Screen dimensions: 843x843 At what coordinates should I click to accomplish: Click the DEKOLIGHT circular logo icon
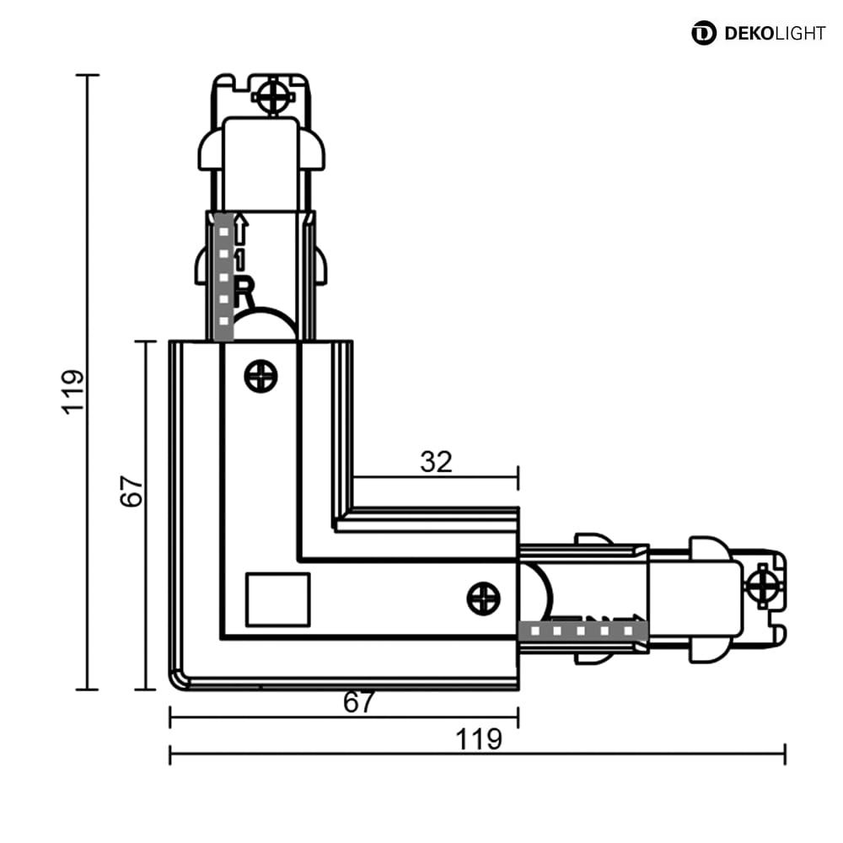click(x=703, y=33)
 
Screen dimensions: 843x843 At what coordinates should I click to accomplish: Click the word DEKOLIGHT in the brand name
click(x=774, y=34)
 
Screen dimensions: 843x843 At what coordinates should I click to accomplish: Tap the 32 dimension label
click(x=436, y=462)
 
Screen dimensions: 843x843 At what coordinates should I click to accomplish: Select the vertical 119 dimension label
click(x=73, y=391)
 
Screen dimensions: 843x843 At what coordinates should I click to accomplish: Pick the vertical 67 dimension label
click(x=132, y=491)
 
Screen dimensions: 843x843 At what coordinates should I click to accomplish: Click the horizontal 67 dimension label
click(x=358, y=702)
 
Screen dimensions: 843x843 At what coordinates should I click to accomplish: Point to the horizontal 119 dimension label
click(x=479, y=739)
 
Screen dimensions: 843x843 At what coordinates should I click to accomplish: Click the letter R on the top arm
click(x=243, y=292)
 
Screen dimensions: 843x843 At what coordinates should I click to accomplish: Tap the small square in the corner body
click(x=277, y=599)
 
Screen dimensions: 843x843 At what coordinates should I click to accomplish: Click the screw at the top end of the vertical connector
click(x=273, y=97)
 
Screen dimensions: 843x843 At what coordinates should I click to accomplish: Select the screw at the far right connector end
click(x=763, y=585)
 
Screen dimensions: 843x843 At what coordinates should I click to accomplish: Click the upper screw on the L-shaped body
click(x=260, y=376)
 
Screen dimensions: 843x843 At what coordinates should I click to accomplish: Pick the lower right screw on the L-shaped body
click(x=483, y=599)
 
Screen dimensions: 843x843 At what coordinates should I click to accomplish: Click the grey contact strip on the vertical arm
click(x=223, y=277)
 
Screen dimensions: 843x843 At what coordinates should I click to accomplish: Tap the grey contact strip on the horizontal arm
click(x=583, y=630)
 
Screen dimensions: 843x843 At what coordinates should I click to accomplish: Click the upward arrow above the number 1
click(x=241, y=229)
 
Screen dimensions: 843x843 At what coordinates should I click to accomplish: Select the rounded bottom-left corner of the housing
click(x=177, y=680)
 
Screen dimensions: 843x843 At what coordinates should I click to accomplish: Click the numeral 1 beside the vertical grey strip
click(x=239, y=260)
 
